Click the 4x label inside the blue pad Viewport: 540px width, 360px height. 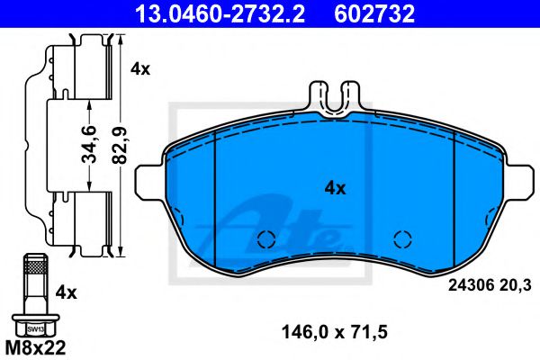click(x=335, y=188)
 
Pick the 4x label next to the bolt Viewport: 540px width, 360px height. click(x=66, y=292)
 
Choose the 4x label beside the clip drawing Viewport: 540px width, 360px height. click(x=140, y=68)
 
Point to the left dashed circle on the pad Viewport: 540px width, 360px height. click(x=265, y=239)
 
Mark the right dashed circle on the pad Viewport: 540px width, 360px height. click(x=402, y=239)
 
